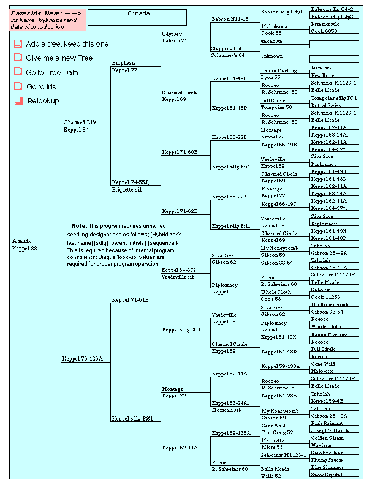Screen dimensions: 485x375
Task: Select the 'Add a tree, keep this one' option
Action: (x=67, y=44)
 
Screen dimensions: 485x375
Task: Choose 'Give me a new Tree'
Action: (x=59, y=58)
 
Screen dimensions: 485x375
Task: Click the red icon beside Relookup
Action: (x=17, y=100)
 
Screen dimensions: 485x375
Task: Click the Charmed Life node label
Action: (x=80, y=122)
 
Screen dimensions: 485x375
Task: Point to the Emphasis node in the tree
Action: (x=124, y=63)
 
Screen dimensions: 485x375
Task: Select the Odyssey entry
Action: (x=172, y=34)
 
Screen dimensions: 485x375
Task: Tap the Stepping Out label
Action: (x=227, y=48)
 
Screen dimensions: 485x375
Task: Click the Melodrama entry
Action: (x=274, y=27)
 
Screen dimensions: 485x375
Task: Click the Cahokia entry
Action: (x=320, y=290)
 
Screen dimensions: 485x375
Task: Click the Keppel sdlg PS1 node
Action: (x=132, y=419)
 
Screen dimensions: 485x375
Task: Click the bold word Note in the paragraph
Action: (x=78, y=226)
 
